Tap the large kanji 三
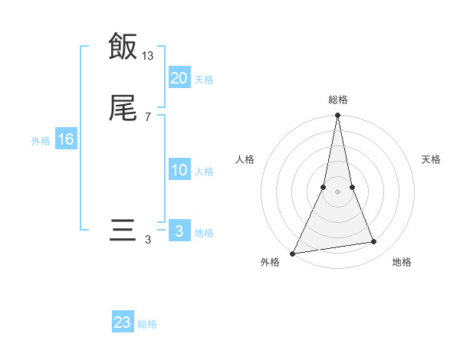click(123, 231)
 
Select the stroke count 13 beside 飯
click(148, 55)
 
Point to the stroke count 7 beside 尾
click(148, 117)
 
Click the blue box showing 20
click(179, 78)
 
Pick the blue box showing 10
click(179, 170)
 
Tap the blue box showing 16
click(65, 139)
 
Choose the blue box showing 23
click(123, 322)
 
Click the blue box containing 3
click(179, 231)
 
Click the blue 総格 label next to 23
click(147, 324)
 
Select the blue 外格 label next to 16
click(40, 141)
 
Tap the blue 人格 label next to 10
click(204, 172)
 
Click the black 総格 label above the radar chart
click(337, 100)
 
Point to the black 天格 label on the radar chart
click(432, 159)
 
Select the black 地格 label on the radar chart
click(402, 262)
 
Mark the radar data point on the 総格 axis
click(337, 116)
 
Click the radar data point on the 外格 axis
click(293, 253)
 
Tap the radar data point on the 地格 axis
click(374, 242)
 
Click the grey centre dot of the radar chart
click(337, 191)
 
